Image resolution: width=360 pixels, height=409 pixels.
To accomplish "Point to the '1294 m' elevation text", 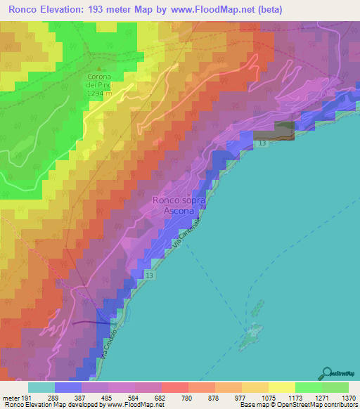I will pyautogui.click(x=99, y=93).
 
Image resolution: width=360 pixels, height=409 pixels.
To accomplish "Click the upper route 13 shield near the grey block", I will pyautogui.click(x=262, y=143).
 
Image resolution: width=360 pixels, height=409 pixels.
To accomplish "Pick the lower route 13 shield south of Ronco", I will pyautogui.click(x=150, y=277).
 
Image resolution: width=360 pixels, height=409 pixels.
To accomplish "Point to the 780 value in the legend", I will pyautogui.click(x=188, y=396).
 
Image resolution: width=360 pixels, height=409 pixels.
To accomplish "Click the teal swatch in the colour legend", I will pyautogui.click(x=41, y=387).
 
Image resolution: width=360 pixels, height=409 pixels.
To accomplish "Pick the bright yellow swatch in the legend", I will pyautogui.click(x=282, y=387).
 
